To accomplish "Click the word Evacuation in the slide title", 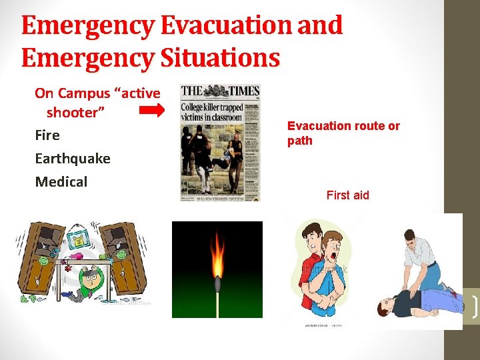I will (224, 26).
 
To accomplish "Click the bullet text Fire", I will (47, 135).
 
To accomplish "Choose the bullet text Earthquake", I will (73, 159).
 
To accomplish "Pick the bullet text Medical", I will (61, 181).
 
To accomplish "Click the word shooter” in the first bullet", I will (75, 113).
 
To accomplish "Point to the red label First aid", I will (347, 195).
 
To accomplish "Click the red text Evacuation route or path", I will (343, 133).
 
